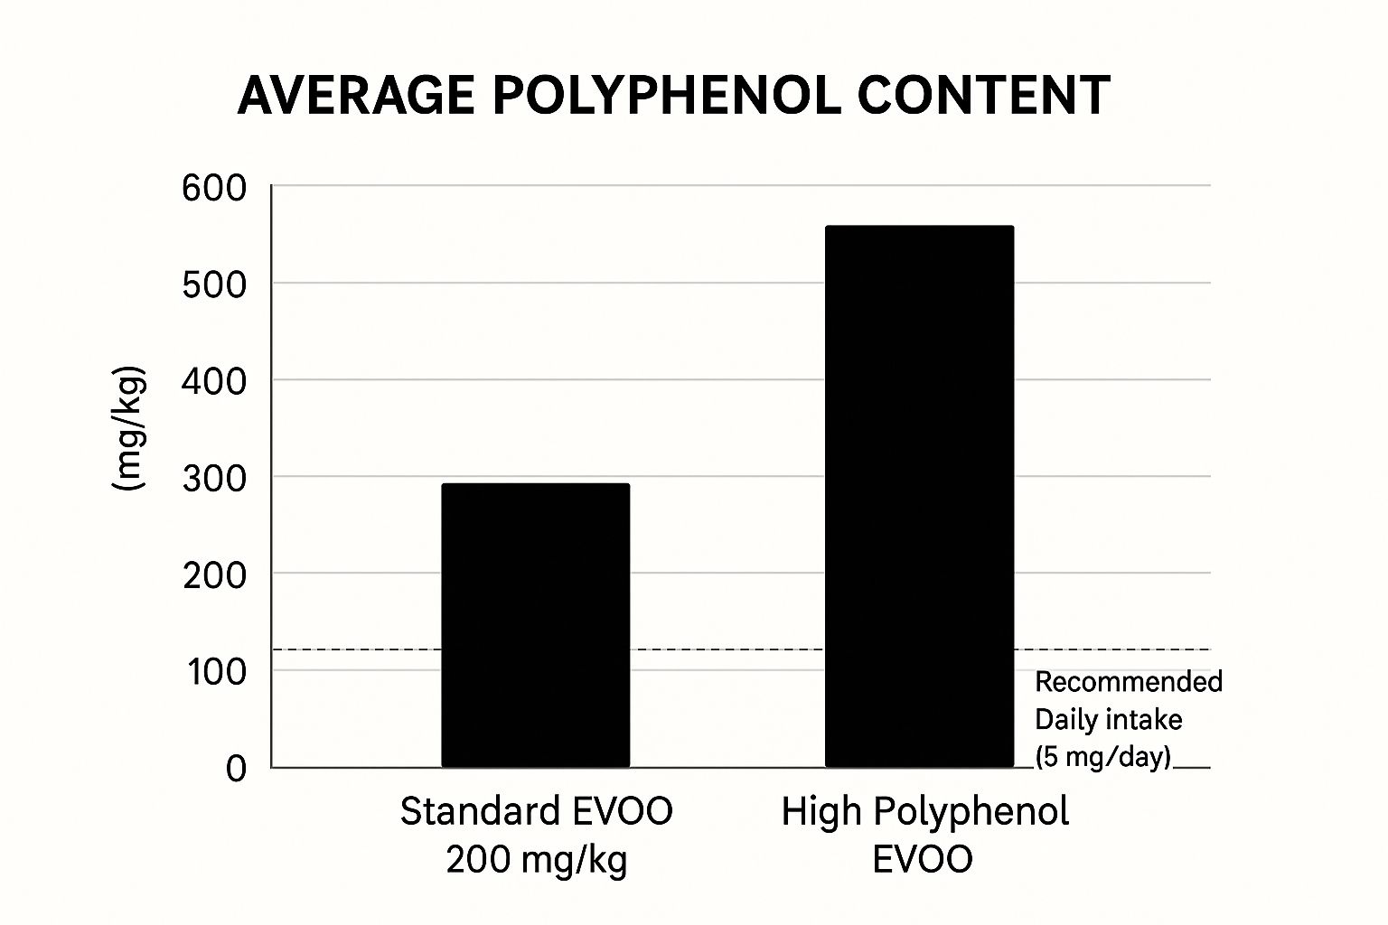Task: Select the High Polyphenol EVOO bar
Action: pyautogui.click(x=919, y=497)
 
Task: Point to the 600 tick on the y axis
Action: pyautogui.click(x=213, y=188)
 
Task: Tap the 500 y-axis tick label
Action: pyautogui.click(x=213, y=285)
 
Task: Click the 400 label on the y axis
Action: pyautogui.click(x=213, y=381)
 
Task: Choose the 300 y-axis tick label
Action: pyautogui.click(x=213, y=478)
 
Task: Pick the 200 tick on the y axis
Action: pyautogui.click(x=213, y=575)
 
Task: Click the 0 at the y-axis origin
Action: pyautogui.click(x=236, y=769)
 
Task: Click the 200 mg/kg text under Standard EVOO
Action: pyautogui.click(x=537, y=859)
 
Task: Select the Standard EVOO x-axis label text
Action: pyautogui.click(x=537, y=811)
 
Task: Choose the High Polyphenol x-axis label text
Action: pyautogui.click(x=924, y=811)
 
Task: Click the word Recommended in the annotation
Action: pyautogui.click(x=1128, y=681)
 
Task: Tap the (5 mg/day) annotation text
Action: pyautogui.click(x=1102, y=756)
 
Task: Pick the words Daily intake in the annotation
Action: pyautogui.click(x=1108, y=719)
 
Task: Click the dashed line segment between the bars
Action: pyautogui.click(x=727, y=649)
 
